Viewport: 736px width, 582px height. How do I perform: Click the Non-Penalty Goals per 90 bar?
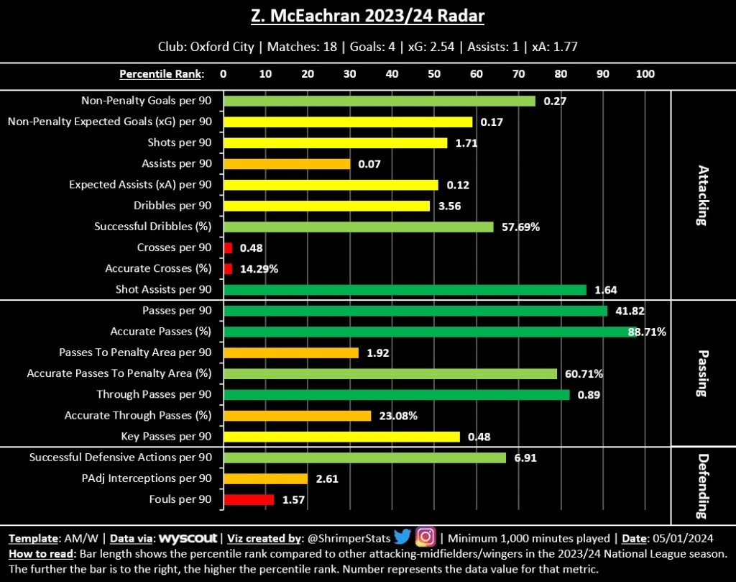(379, 101)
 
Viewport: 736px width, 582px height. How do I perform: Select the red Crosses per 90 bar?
(229, 247)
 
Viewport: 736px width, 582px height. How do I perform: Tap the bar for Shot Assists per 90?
(405, 290)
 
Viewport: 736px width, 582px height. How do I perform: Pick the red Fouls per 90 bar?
(249, 499)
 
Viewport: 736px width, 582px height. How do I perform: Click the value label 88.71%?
(647, 332)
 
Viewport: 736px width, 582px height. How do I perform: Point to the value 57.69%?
(520, 227)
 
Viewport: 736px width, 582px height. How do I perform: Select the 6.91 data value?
(523, 458)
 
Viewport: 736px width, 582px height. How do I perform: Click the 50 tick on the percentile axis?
(434, 73)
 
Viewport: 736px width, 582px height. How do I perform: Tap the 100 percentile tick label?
(645, 73)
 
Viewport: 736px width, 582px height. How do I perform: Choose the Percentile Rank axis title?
(161, 73)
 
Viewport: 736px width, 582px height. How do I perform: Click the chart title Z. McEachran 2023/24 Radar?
(367, 16)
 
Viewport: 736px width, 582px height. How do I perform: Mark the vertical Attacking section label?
(702, 196)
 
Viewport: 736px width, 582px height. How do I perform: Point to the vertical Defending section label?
(702, 486)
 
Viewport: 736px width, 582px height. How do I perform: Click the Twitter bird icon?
(402, 537)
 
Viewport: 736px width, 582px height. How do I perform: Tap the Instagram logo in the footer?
(426, 537)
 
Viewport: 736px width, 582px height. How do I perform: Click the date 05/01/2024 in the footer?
(692, 537)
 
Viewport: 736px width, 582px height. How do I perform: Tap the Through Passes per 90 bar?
(397, 394)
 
